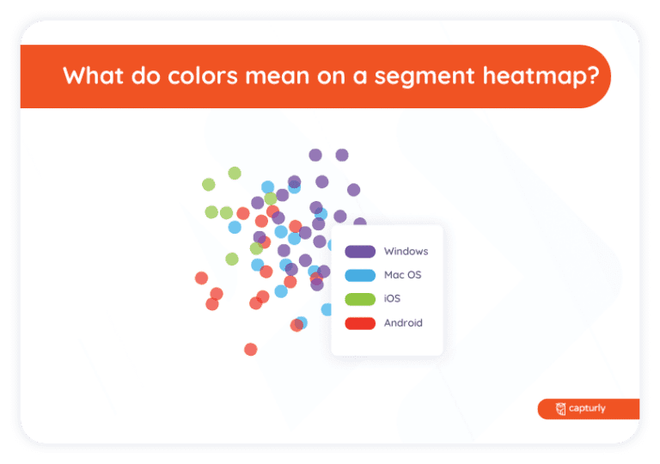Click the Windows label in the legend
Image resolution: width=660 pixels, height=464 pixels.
tap(406, 252)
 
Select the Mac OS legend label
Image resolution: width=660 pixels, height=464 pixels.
tap(402, 276)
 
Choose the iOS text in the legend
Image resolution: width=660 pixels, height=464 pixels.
tap(392, 299)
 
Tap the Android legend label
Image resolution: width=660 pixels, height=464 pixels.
tap(403, 323)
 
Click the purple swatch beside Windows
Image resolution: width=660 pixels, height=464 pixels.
tap(360, 252)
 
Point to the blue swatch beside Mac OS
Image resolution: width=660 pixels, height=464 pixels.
tap(360, 276)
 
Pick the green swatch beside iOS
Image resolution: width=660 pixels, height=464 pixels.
tap(360, 299)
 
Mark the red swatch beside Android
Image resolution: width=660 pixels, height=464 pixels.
tap(360, 323)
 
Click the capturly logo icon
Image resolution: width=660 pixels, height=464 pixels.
tap(561, 409)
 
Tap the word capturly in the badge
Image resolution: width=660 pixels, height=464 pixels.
tap(588, 409)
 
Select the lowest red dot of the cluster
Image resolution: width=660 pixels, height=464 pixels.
tap(251, 349)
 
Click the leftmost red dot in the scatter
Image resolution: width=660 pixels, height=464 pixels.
tap(201, 278)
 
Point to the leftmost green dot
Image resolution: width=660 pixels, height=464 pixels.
tap(208, 184)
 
